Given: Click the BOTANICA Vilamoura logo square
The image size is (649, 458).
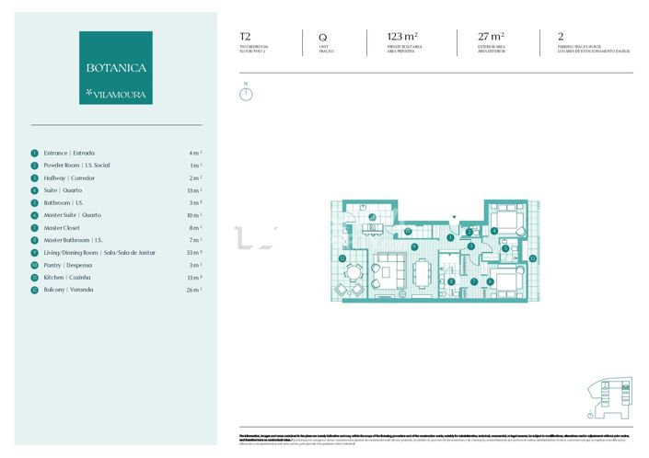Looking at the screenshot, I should click(x=116, y=67).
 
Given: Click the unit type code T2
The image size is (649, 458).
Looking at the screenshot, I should click(x=245, y=39).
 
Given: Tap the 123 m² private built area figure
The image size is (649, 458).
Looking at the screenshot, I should click(x=403, y=39).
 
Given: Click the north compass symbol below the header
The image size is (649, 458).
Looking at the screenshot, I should click(x=246, y=93).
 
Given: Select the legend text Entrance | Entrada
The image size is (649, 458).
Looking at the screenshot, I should click(x=69, y=153).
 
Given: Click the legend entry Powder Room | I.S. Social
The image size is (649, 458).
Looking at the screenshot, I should click(x=76, y=166).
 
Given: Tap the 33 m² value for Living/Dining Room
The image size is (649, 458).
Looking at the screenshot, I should click(x=194, y=252).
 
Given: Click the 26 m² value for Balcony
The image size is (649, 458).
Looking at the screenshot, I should click(x=194, y=290).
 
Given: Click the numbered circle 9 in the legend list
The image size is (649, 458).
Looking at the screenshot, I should click(x=34, y=252).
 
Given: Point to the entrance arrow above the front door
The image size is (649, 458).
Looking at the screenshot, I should click(x=452, y=218).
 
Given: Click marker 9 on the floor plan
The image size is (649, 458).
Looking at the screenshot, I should click(x=414, y=246).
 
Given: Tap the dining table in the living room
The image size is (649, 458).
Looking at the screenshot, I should click(x=423, y=274).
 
